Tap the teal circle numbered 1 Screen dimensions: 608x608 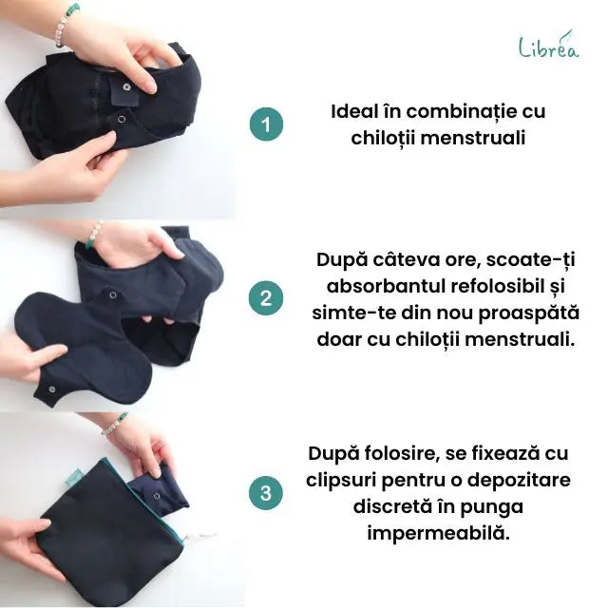click(266, 124)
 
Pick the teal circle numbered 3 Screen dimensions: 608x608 click(266, 493)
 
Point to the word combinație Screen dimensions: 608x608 click(464, 111)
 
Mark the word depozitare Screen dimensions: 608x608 click(519, 480)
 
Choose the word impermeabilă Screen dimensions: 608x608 click(438, 533)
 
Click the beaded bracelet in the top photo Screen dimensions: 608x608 click(65, 23)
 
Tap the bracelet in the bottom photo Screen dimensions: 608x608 click(115, 423)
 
